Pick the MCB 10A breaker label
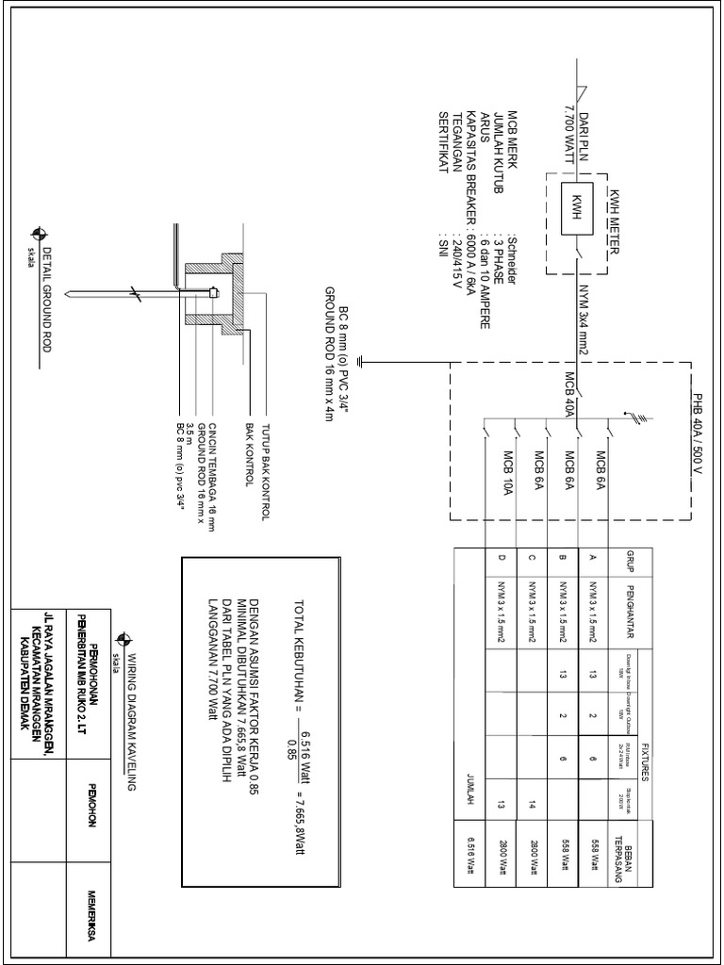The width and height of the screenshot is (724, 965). point(508,477)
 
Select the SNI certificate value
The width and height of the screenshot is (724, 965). point(441,240)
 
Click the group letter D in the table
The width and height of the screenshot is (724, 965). point(502,559)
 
